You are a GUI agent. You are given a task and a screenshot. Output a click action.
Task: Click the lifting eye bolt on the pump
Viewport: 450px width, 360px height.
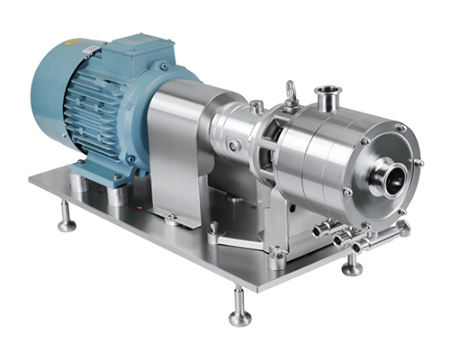click(x=291, y=92)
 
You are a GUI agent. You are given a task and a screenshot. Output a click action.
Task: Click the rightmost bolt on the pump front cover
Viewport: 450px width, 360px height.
click(x=418, y=163)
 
